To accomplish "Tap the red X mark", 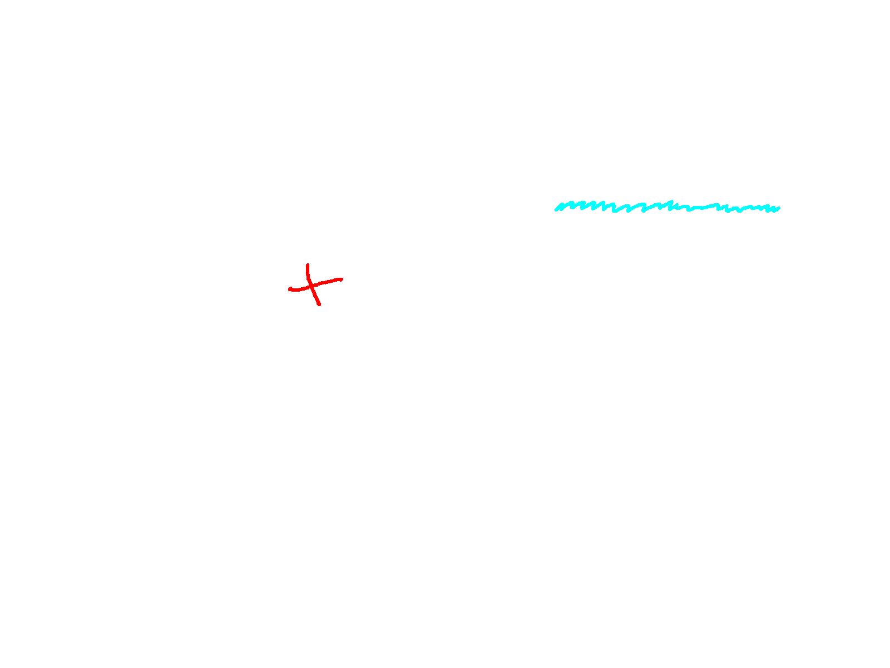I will pyautogui.click(x=315, y=285).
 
